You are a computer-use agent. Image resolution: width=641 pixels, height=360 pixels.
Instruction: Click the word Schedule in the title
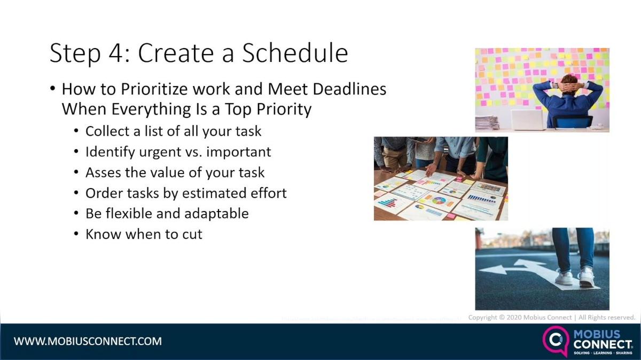click(x=295, y=53)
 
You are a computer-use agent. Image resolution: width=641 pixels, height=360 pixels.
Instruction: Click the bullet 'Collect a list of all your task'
click(x=173, y=131)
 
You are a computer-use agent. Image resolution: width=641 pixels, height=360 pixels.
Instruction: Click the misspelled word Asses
click(x=102, y=173)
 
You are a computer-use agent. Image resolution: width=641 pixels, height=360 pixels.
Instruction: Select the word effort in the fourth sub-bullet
click(x=269, y=193)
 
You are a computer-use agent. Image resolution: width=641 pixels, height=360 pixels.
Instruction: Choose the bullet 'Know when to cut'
click(x=144, y=234)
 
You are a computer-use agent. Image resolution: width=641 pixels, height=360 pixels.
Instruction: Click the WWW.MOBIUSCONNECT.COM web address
click(x=88, y=341)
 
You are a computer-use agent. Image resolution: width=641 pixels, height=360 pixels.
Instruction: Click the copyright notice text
click(x=551, y=317)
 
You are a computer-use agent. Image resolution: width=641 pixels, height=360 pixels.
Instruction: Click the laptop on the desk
click(x=528, y=120)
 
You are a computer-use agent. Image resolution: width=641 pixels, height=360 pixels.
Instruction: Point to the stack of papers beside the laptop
click(x=487, y=123)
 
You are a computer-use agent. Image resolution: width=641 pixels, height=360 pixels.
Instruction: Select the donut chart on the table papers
click(x=439, y=201)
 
